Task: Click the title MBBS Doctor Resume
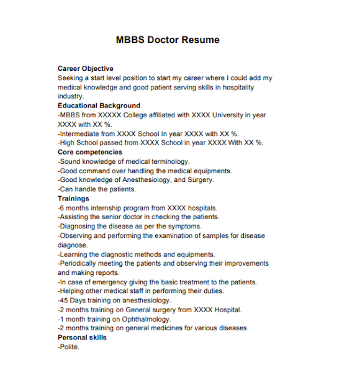click(x=168, y=40)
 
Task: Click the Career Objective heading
click(x=86, y=68)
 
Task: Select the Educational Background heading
click(x=99, y=106)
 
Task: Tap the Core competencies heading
click(x=90, y=152)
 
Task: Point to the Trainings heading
click(x=73, y=199)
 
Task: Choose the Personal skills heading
click(x=82, y=338)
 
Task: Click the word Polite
click(x=69, y=347)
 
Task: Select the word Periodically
click(x=81, y=263)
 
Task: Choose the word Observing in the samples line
click(x=77, y=236)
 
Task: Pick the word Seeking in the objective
click(x=71, y=78)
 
